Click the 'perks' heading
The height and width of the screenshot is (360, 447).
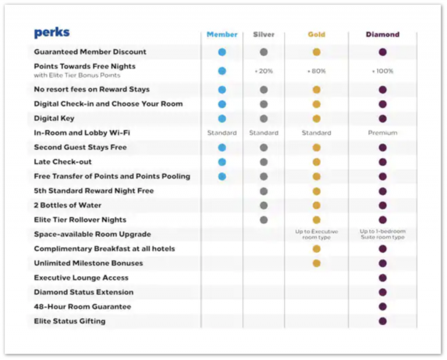52,33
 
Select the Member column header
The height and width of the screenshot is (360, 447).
222,34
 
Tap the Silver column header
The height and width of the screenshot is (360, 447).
264,34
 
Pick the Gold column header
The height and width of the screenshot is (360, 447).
317,34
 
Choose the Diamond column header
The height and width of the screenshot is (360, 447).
382,34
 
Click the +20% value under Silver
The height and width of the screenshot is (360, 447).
264,71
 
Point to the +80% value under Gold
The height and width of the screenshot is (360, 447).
317,71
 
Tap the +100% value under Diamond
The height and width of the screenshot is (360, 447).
382,71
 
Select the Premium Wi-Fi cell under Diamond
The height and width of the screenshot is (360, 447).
382,133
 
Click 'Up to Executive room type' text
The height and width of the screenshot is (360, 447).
317,234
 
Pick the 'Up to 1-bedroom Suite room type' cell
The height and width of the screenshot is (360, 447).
382,234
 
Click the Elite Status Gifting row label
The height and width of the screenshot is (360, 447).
70,321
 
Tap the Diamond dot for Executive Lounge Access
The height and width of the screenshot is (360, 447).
382,278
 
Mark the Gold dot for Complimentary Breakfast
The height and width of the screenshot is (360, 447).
317,249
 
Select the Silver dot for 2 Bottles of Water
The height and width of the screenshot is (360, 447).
264,205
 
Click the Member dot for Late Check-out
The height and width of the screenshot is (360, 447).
222,162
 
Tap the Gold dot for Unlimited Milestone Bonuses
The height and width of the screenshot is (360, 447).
317,263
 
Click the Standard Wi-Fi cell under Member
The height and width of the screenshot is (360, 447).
222,133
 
